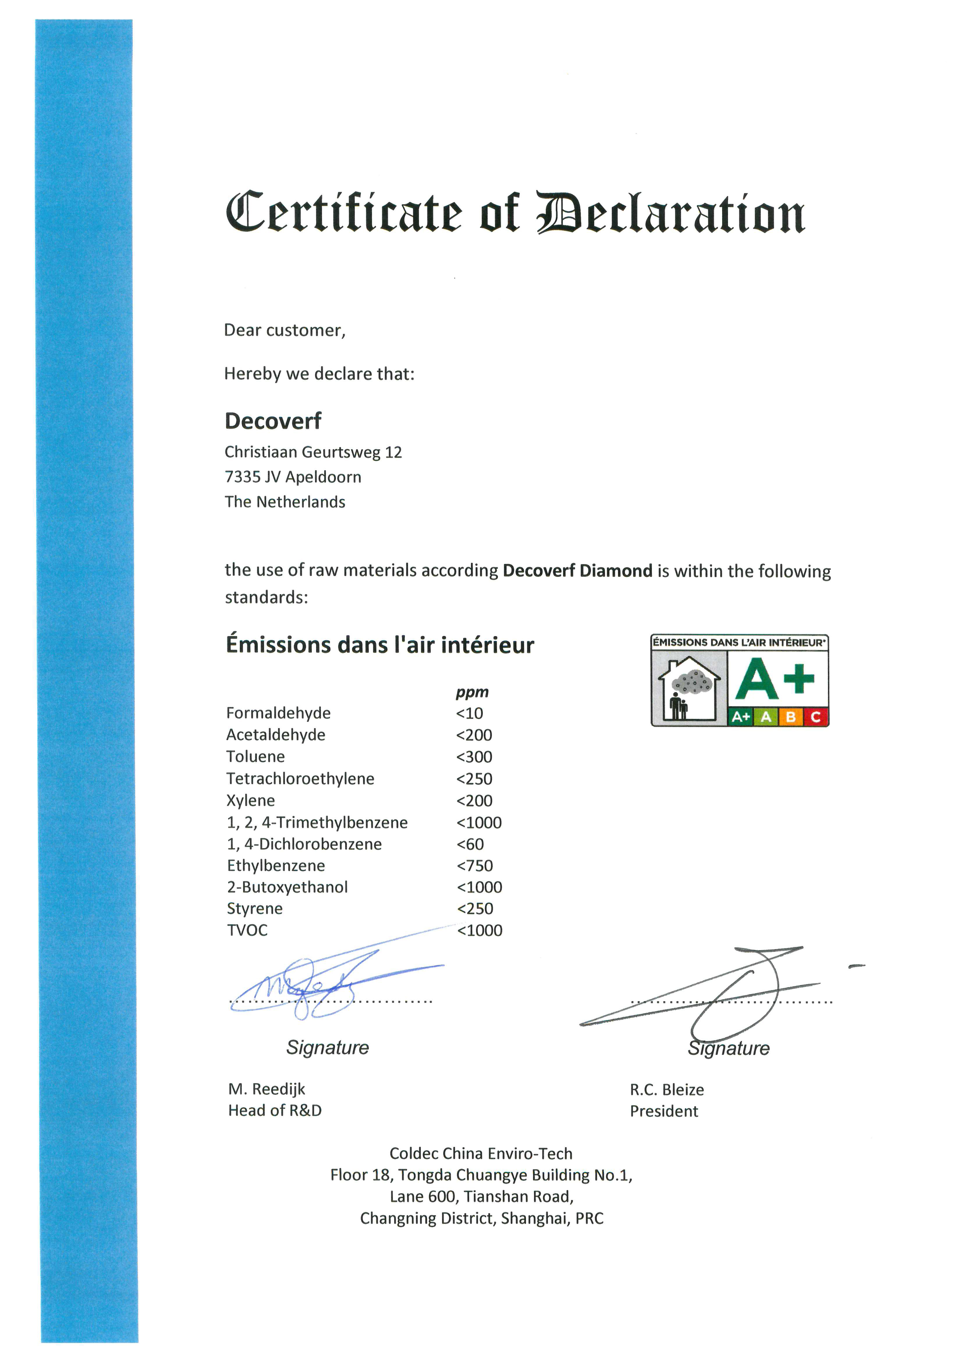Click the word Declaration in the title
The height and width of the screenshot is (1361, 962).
(670, 214)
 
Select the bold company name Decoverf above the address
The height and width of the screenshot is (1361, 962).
(273, 421)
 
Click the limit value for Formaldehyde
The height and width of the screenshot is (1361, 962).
(470, 713)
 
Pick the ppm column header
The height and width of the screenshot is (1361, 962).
(472, 692)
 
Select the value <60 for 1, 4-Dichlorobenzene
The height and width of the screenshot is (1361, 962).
(471, 844)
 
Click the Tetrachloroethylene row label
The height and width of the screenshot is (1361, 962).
(300, 778)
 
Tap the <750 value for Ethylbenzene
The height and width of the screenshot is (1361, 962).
(475, 866)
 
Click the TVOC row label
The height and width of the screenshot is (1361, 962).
(247, 930)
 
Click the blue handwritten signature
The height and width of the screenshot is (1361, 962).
(308, 984)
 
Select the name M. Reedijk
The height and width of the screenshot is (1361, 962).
(267, 1089)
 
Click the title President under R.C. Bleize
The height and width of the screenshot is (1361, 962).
(664, 1111)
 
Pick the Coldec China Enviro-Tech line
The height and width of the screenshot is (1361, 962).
(481, 1154)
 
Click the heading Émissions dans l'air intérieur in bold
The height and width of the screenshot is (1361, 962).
(380, 644)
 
